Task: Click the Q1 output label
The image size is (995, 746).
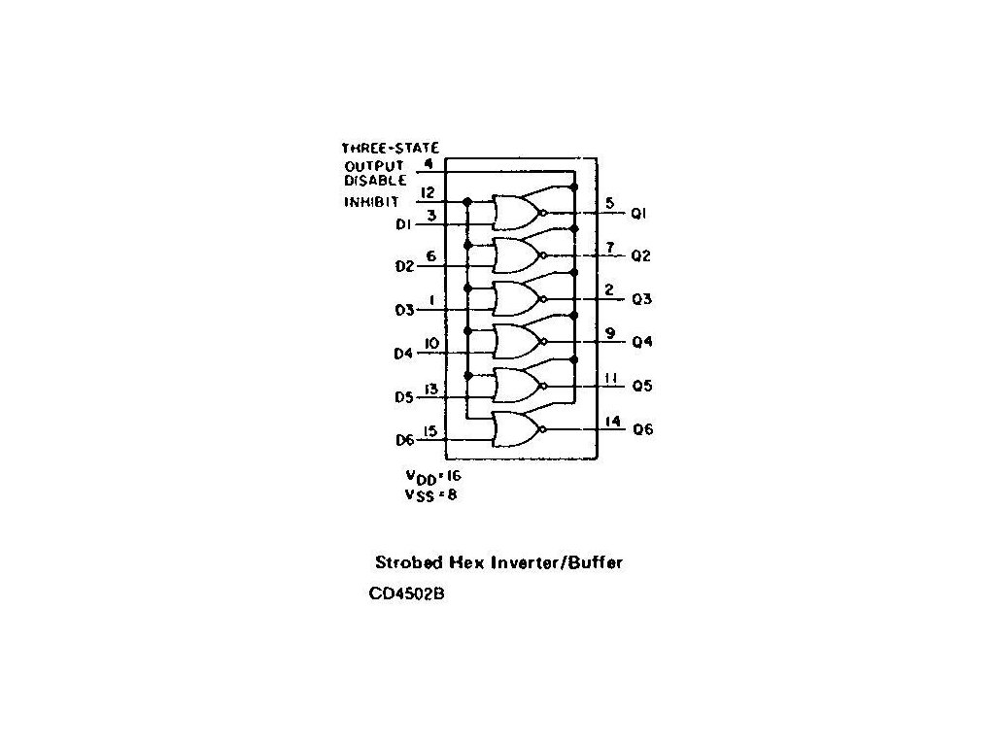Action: coord(639,212)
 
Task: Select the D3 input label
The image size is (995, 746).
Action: coord(404,310)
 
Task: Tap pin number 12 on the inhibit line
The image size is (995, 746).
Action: coord(428,192)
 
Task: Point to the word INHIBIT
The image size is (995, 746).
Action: coord(369,202)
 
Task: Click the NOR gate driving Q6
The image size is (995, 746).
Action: coord(516,428)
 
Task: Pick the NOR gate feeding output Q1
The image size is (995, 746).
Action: coord(516,212)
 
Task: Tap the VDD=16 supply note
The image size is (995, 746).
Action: coord(432,477)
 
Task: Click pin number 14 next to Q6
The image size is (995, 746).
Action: coord(612,422)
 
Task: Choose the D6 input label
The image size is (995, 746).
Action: coord(404,441)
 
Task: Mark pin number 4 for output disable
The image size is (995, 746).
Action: coord(429,164)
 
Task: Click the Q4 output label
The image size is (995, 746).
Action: coord(641,342)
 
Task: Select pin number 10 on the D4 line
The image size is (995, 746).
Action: coord(430,344)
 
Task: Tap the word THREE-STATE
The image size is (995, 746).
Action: coord(390,149)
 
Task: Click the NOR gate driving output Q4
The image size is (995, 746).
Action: coord(516,342)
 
